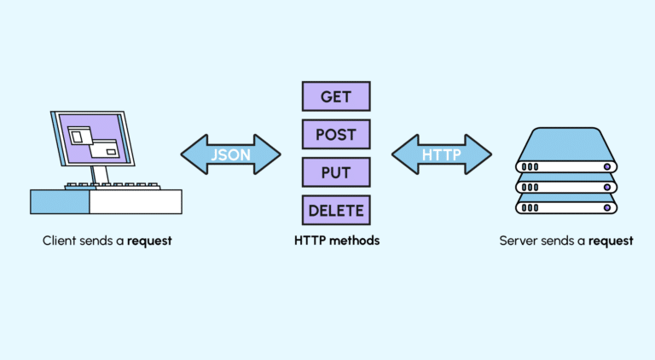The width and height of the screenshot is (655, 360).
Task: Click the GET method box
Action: click(336, 96)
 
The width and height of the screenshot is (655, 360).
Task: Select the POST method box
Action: click(336, 134)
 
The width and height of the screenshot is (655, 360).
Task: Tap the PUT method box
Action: click(336, 171)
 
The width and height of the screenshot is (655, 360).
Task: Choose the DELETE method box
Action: click(336, 209)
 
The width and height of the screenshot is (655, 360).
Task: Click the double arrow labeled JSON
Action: click(230, 154)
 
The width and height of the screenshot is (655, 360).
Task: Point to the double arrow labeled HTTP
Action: click(441, 154)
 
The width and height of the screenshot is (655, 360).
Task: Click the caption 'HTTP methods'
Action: click(336, 241)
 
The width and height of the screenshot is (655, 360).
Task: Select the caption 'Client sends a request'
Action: click(107, 241)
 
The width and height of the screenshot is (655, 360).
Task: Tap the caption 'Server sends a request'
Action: click(566, 241)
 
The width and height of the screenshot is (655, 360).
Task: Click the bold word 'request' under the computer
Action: click(150, 241)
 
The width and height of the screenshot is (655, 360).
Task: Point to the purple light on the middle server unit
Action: click(607, 187)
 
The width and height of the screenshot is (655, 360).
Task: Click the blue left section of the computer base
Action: click(60, 201)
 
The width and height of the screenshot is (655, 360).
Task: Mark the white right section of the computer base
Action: click(136, 201)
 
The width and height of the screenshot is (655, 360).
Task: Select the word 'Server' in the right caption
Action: click(517, 241)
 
